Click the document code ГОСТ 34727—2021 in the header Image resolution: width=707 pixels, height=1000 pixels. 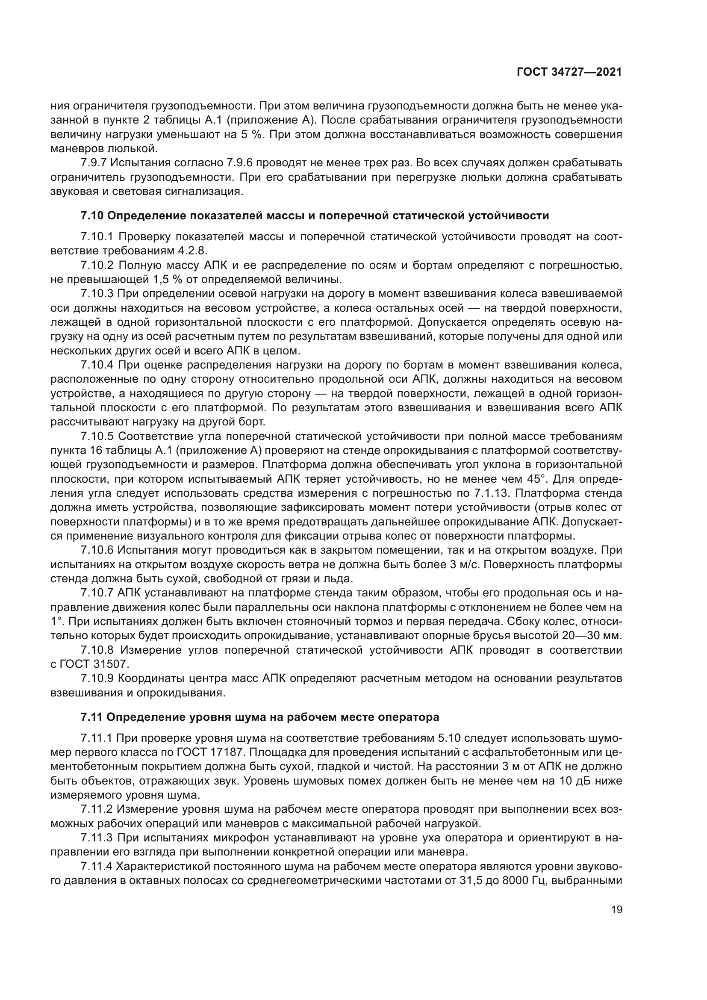pyautogui.click(x=569, y=72)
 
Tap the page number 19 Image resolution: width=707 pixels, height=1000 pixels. pyautogui.click(x=616, y=909)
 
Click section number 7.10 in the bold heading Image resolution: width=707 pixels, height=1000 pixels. pyautogui.click(x=91, y=215)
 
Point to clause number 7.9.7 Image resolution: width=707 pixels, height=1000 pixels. pyautogui.click(x=93, y=163)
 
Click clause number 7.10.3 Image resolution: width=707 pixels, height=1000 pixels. pyautogui.click(x=97, y=294)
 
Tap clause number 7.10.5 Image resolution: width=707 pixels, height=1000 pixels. pyautogui.click(x=97, y=437)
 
